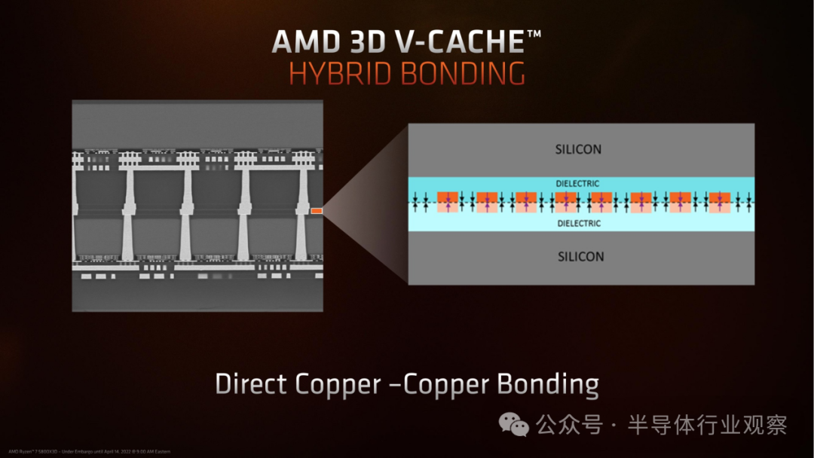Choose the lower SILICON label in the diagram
[x=580, y=256]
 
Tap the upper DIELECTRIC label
[x=579, y=183]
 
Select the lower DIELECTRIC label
[x=579, y=223]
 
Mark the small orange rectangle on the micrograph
[x=317, y=211]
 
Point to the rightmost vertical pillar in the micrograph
[x=301, y=215]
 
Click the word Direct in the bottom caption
[x=252, y=384]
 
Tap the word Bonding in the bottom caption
[x=548, y=384]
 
